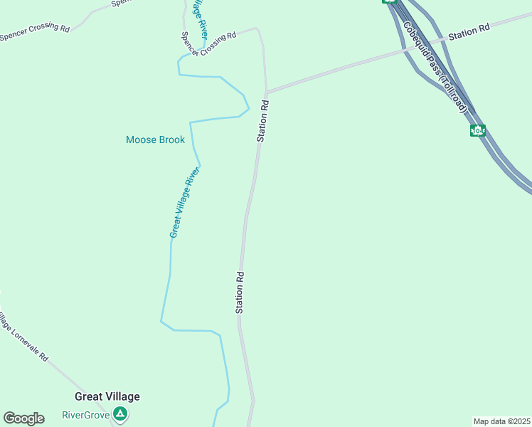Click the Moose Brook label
tap(155, 139)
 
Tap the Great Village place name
tap(107, 397)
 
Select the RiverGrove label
tap(85, 415)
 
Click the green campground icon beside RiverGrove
tap(121, 413)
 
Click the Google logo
tap(23, 418)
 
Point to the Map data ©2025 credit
tap(501, 421)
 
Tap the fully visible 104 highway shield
tap(478, 130)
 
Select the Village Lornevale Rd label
tap(23, 336)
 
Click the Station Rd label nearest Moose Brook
tap(262, 121)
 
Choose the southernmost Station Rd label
tap(240, 292)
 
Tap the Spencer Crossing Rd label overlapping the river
tap(208, 44)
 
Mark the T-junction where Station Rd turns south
tap(267, 92)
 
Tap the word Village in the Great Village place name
tap(122, 397)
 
